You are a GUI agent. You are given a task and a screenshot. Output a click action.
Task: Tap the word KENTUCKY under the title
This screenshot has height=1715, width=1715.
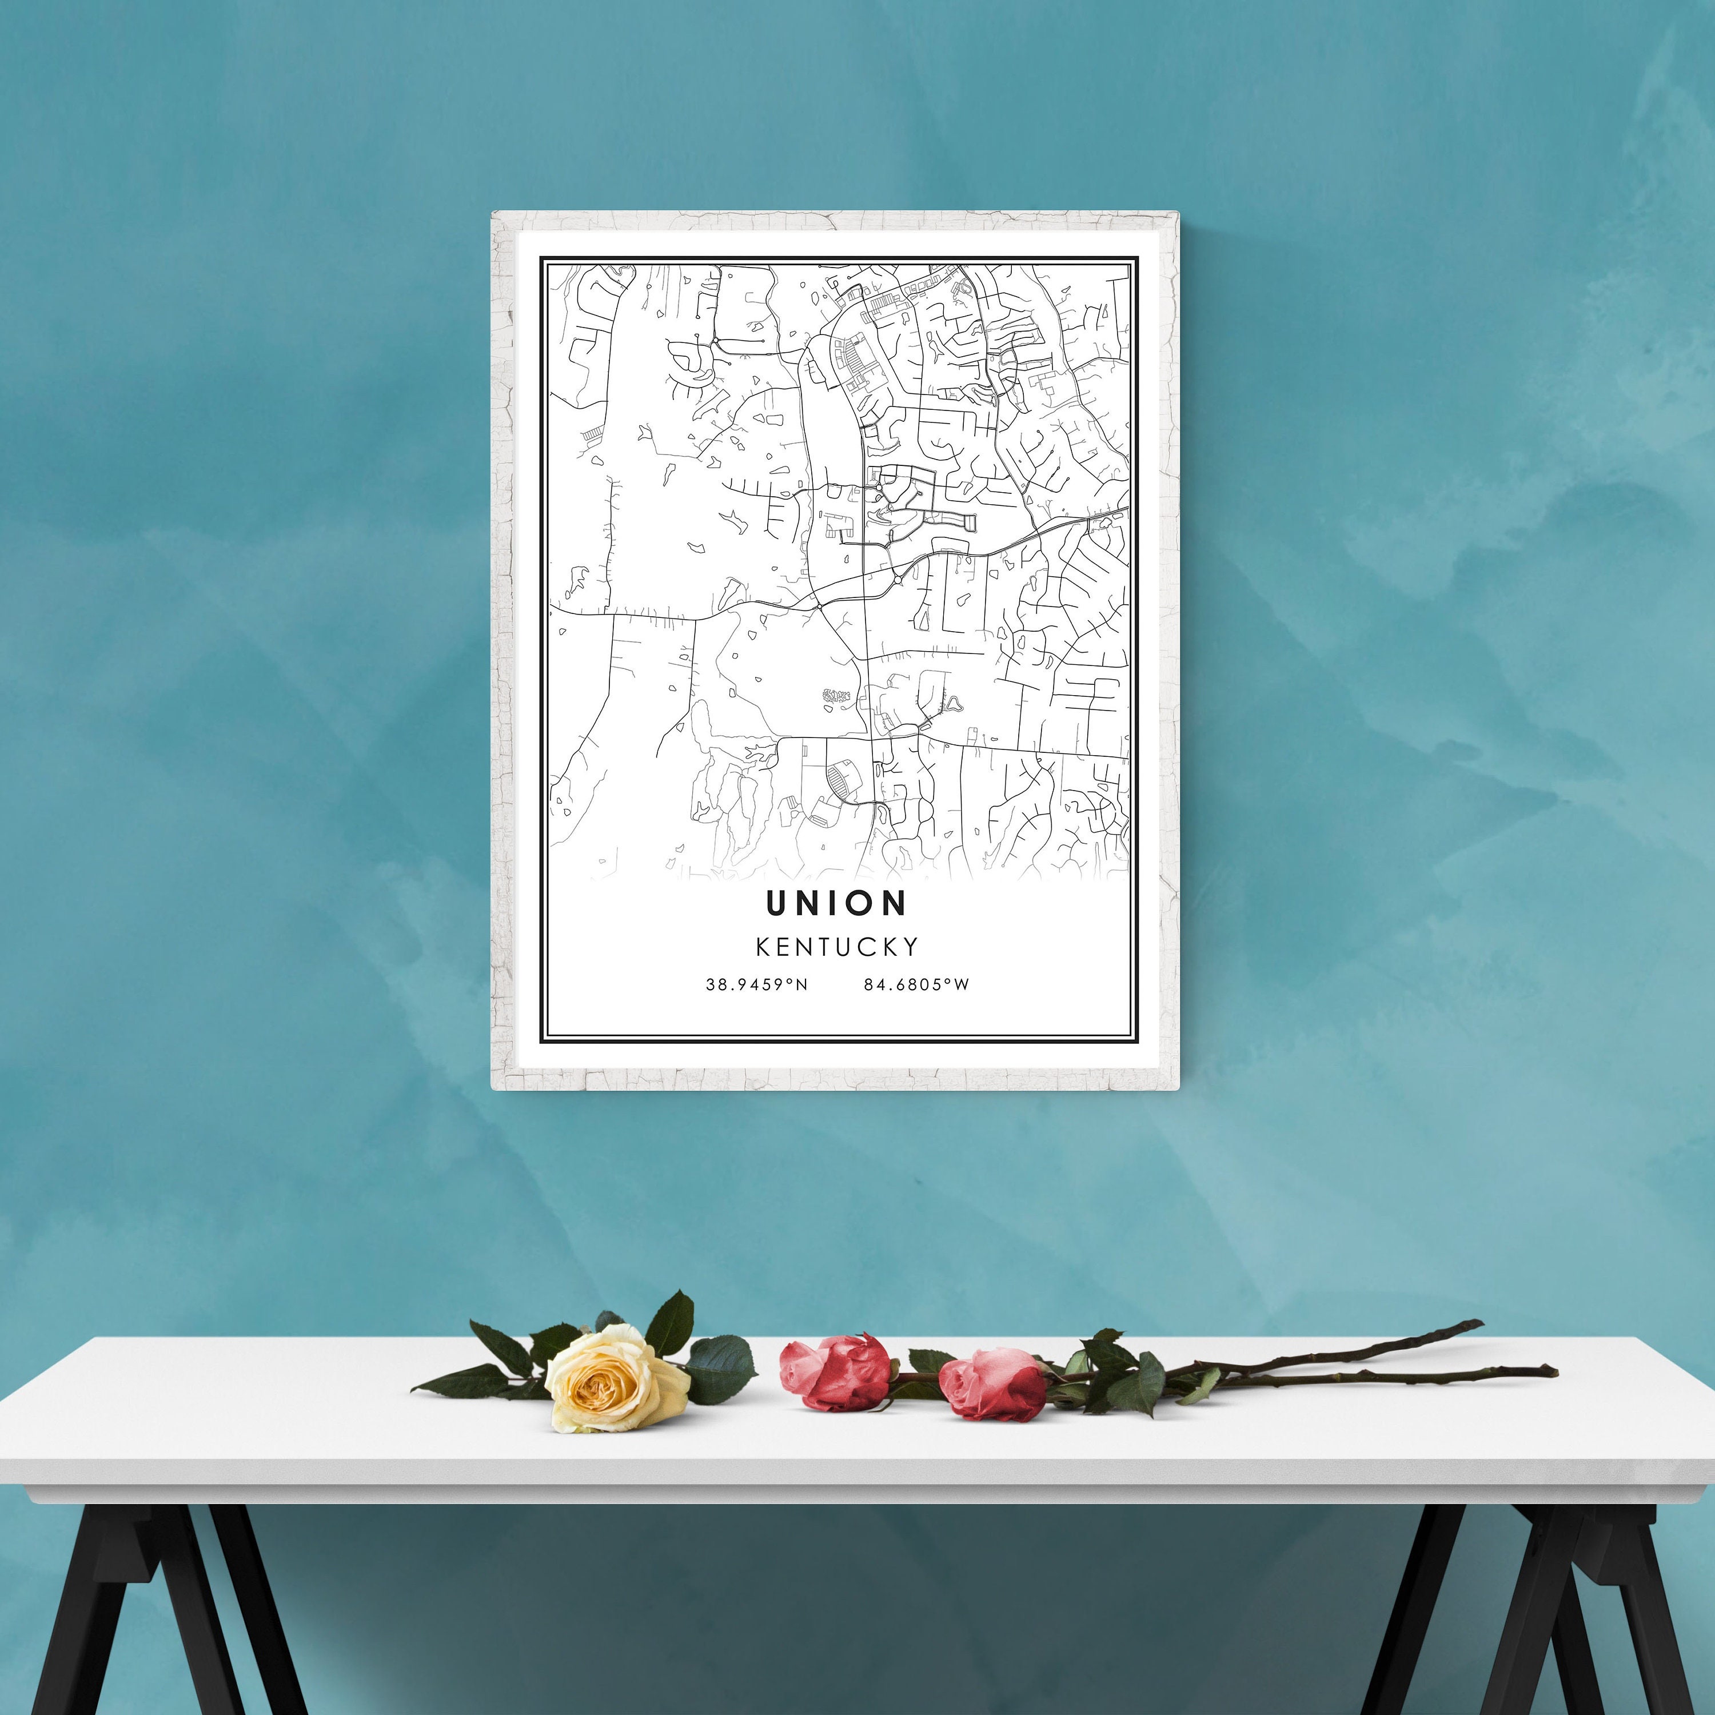coord(837,947)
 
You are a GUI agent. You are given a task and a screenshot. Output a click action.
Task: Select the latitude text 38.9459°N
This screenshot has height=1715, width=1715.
coord(756,984)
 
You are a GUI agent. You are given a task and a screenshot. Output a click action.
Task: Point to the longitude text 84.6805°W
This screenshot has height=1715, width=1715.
coord(916,984)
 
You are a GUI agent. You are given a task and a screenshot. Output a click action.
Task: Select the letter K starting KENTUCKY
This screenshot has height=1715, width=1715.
coord(763,947)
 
